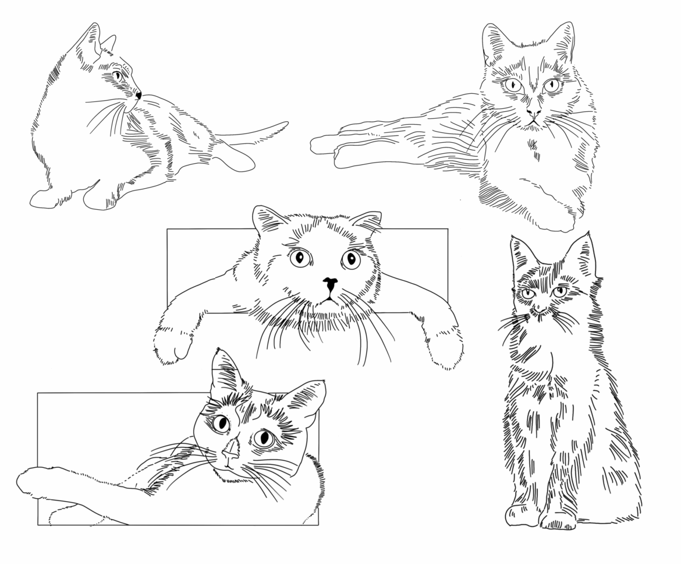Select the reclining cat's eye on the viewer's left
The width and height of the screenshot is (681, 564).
pyautogui.click(x=514, y=85)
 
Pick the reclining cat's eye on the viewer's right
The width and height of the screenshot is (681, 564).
pyautogui.click(x=552, y=85)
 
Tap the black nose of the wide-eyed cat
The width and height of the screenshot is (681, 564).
pyautogui.click(x=330, y=283)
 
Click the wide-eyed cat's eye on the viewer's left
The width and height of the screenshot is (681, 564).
pyautogui.click(x=300, y=257)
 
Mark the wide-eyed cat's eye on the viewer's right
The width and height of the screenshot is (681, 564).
pyautogui.click(x=350, y=259)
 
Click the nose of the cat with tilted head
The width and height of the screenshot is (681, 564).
pyautogui.click(x=230, y=450)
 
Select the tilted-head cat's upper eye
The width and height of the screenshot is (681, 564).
pyautogui.click(x=221, y=424)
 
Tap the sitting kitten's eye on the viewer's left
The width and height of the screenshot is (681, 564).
pyautogui.click(x=528, y=294)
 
